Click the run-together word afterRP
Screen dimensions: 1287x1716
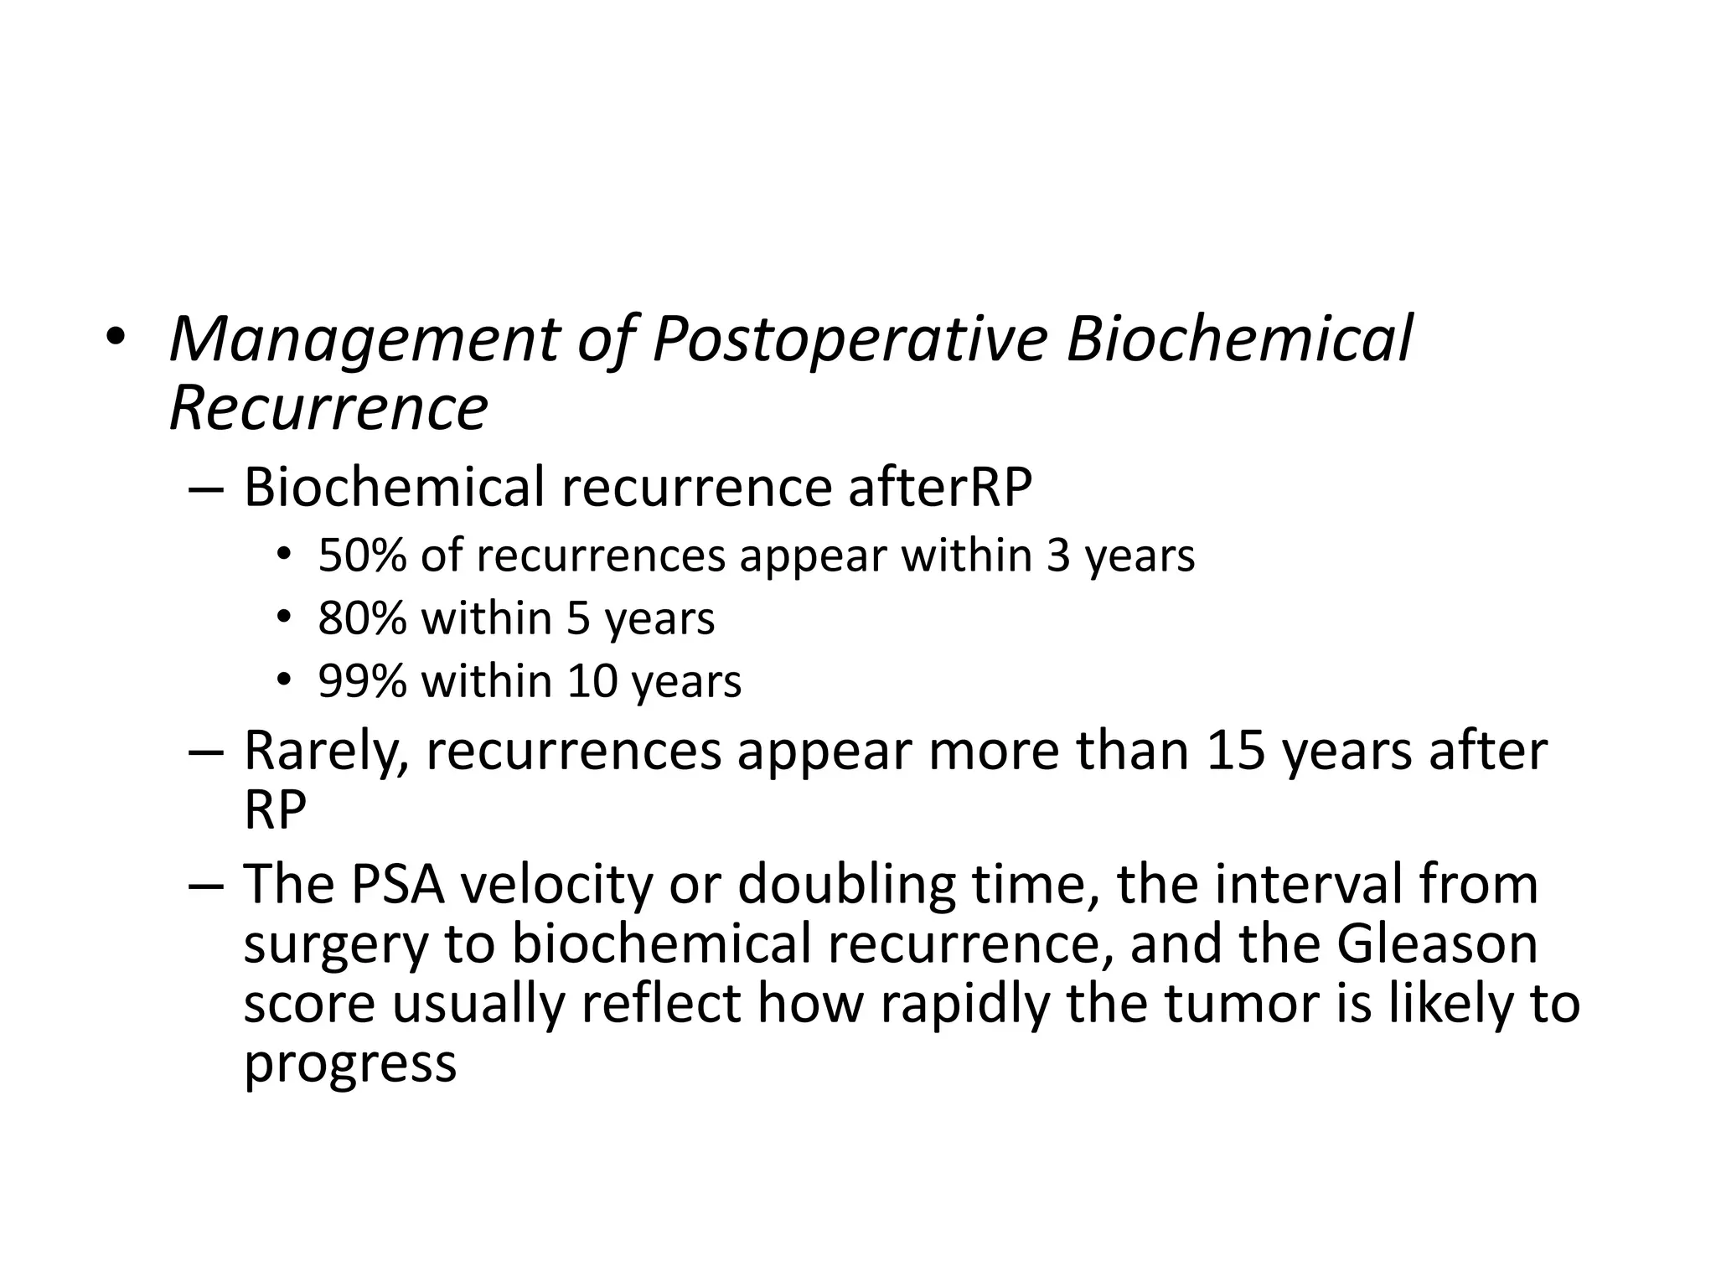pyautogui.click(x=939, y=487)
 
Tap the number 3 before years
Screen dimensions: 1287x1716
pyautogui.click(x=1058, y=556)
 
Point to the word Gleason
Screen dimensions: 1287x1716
pyautogui.click(x=1437, y=943)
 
